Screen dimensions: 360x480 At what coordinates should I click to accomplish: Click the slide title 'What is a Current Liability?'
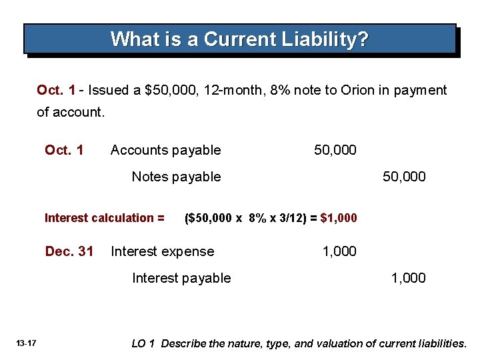tap(239, 39)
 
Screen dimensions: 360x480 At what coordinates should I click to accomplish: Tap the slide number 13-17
tap(27, 343)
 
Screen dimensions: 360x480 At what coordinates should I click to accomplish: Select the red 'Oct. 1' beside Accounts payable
tap(64, 150)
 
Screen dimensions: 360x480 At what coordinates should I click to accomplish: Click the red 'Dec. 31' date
tap(69, 251)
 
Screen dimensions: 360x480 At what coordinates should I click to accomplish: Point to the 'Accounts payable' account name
tap(165, 150)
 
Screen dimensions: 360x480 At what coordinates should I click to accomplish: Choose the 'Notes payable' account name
tap(176, 177)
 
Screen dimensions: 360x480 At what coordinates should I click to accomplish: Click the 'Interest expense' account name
tap(162, 251)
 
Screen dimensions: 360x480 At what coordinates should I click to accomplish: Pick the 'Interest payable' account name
tap(181, 278)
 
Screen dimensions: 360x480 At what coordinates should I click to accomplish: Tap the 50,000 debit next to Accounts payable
tap(335, 150)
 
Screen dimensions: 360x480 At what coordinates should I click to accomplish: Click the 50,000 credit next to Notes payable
tap(403, 177)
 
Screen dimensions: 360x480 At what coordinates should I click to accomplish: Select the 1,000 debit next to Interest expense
tap(339, 251)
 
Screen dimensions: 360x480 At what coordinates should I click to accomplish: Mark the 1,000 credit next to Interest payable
tap(408, 278)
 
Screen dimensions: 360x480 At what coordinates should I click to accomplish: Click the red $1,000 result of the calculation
tap(339, 218)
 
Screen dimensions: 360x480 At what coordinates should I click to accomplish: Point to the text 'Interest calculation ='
tap(104, 218)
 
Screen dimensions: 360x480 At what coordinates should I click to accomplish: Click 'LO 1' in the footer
tap(143, 343)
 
